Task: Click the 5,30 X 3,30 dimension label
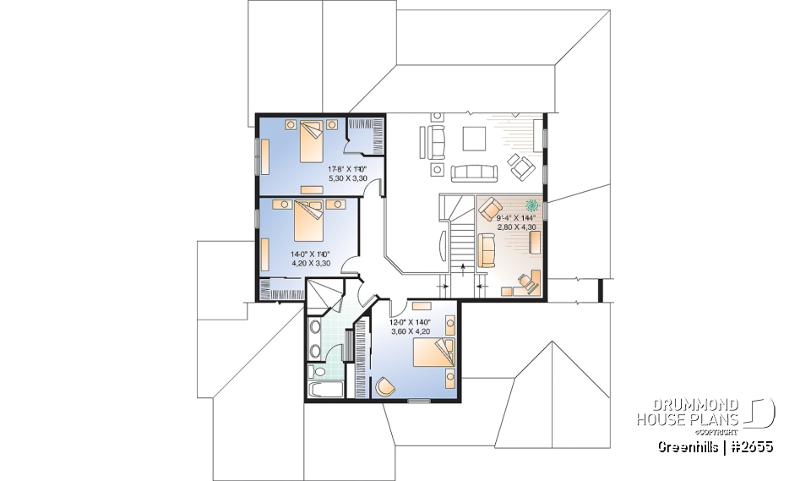(x=348, y=178)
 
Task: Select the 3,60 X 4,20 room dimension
(x=410, y=331)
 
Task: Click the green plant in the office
(x=532, y=205)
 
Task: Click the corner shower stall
(x=323, y=295)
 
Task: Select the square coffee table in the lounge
(x=472, y=137)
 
